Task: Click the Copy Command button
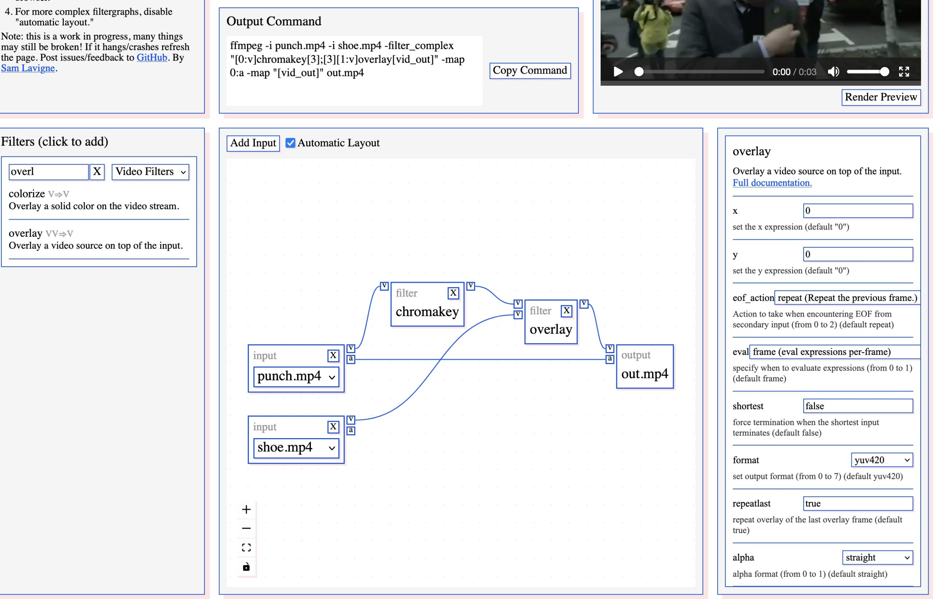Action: click(x=530, y=71)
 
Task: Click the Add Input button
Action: click(x=253, y=143)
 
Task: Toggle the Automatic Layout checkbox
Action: click(x=290, y=143)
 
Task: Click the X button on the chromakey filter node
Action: click(x=453, y=293)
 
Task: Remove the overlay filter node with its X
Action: click(x=567, y=311)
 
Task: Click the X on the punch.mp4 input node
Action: click(x=333, y=356)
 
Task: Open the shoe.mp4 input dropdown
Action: click(x=296, y=448)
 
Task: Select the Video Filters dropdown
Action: click(x=151, y=172)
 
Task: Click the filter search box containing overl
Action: click(x=48, y=172)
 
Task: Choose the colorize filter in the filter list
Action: click(x=27, y=194)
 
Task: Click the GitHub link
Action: click(x=152, y=58)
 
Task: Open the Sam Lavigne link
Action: click(x=28, y=68)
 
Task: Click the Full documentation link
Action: click(x=772, y=183)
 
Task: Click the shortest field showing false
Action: click(x=858, y=406)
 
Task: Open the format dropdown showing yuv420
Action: click(x=881, y=460)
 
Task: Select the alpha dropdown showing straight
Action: click(x=877, y=557)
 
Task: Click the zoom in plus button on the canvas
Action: click(x=246, y=510)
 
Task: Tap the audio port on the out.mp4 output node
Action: click(x=610, y=359)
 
